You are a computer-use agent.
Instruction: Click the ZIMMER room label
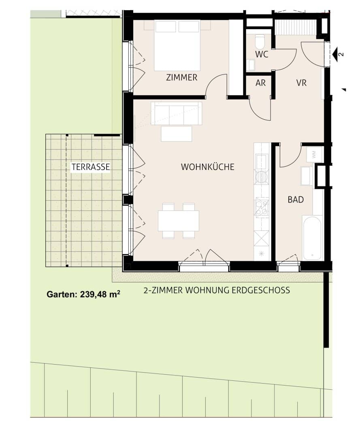[181, 78]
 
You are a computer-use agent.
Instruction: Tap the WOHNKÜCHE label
[207, 167]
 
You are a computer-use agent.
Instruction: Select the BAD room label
[296, 199]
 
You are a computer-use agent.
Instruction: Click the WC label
[262, 55]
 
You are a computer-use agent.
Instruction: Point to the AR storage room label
[261, 83]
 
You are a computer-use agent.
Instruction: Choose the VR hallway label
[301, 83]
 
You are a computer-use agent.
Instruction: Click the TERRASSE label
[91, 167]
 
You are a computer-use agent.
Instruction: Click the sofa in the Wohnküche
[176, 113]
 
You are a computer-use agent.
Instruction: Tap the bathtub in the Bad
[312, 238]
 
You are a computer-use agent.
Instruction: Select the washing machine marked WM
[314, 154]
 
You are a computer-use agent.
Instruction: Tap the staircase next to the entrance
[295, 27]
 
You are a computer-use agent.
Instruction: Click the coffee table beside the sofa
[176, 134]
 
